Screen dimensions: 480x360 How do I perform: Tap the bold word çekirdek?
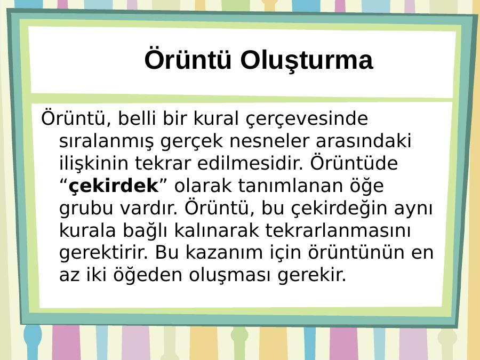click(x=114, y=186)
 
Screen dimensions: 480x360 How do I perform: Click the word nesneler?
click(x=269, y=141)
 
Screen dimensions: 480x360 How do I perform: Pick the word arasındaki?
click(x=363, y=141)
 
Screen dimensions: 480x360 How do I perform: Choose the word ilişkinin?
click(x=94, y=163)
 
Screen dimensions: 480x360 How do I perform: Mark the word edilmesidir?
click(x=250, y=163)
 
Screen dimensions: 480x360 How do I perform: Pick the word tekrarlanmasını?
click(x=338, y=230)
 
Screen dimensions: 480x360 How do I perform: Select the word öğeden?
click(x=148, y=275)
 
